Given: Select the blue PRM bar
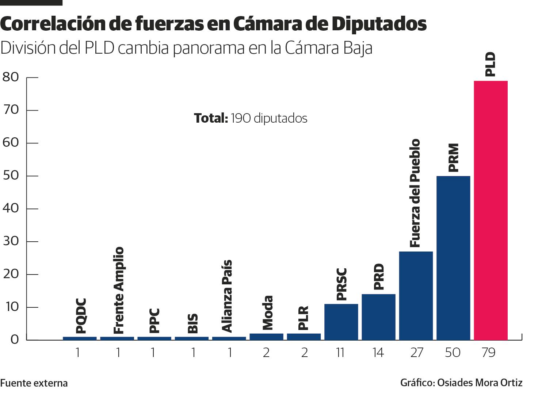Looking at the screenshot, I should click(x=453, y=258).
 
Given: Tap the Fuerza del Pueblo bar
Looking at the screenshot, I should click(x=416, y=296).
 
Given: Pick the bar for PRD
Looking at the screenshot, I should click(x=378, y=317).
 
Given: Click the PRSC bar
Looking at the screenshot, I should click(x=341, y=322).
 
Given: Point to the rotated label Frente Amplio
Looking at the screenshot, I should click(x=119, y=291).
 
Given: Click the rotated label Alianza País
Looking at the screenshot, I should click(x=227, y=296).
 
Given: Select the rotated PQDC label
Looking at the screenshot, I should click(x=81, y=316).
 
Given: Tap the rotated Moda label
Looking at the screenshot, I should click(x=268, y=313).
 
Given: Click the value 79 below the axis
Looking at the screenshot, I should click(x=488, y=353).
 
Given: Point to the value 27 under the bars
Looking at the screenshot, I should click(x=416, y=353).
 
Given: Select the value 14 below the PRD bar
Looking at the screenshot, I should click(x=378, y=353).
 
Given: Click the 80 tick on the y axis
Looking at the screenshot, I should click(x=11, y=77).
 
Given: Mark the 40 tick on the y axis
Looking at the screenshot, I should click(x=11, y=208).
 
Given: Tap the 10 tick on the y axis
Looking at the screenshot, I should click(x=11, y=307).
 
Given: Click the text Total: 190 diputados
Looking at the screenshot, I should click(x=251, y=118).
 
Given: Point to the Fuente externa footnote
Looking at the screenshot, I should click(x=34, y=383).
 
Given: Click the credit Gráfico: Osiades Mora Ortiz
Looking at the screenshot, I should click(x=461, y=383).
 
